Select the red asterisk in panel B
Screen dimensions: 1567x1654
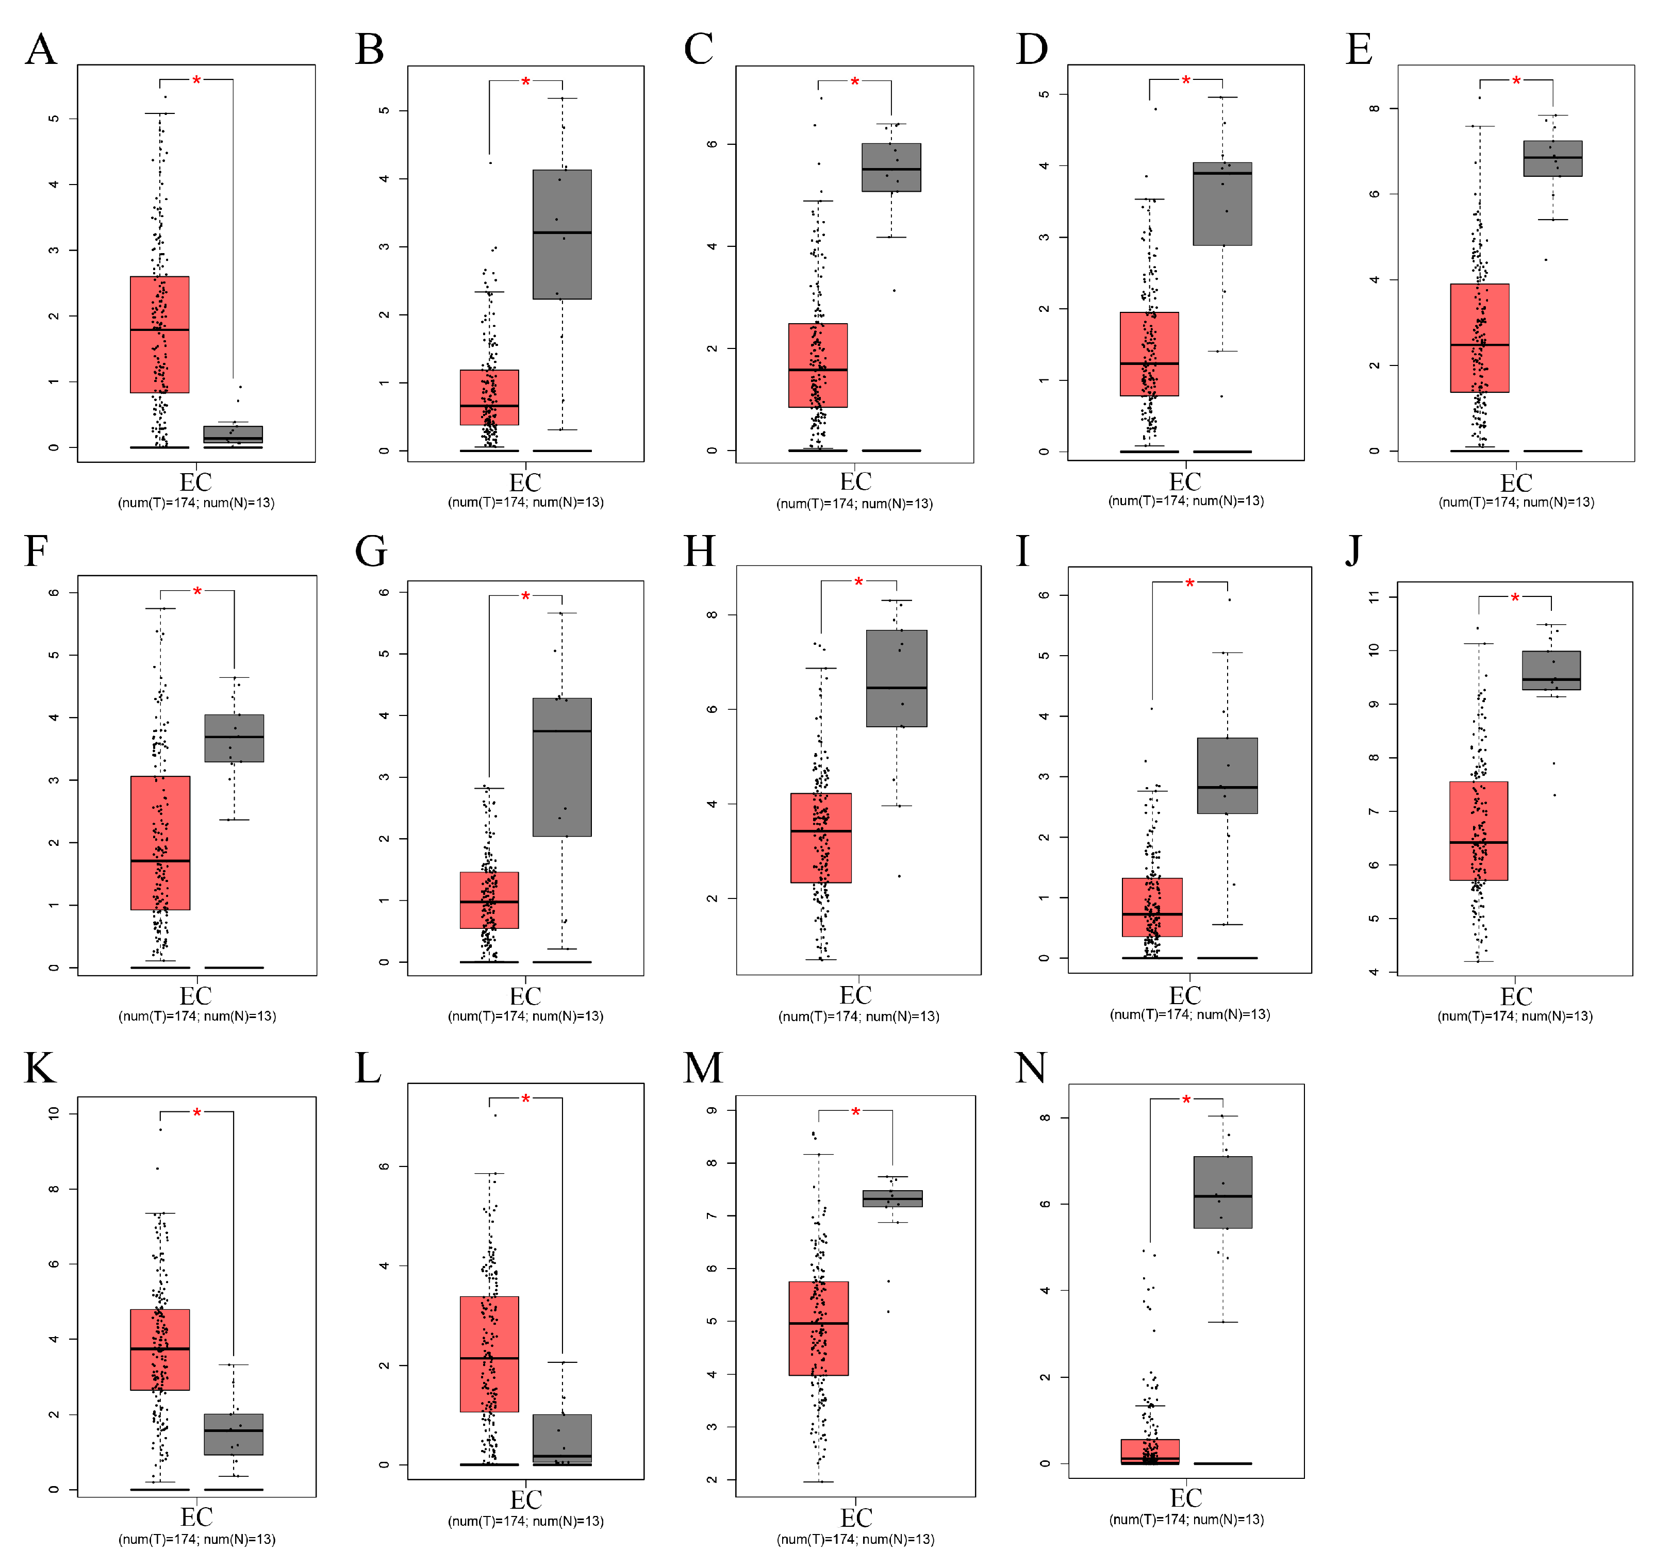525,82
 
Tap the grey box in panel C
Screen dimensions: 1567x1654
891,167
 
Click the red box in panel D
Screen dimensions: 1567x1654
1149,354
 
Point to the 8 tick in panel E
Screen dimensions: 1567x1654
1374,109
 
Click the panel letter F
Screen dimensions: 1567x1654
36,552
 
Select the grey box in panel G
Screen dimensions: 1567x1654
562,767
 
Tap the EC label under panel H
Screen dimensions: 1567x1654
855,996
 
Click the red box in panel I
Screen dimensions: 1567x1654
1152,907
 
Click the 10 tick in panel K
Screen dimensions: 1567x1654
54,1113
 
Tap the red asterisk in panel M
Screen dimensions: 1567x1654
855,1112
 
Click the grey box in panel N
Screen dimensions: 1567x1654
1222,1192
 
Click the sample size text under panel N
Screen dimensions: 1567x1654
1186,1520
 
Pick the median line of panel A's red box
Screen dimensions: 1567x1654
159,330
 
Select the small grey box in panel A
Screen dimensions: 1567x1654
233,435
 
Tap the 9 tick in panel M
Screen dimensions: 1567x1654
712,1110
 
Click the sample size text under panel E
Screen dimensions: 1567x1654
1516,502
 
